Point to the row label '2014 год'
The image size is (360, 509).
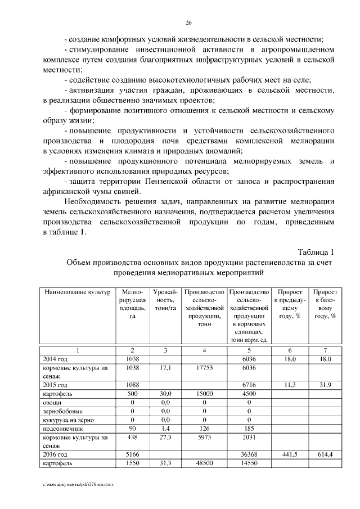[x=55, y=358]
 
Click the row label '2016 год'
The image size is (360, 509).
[x=55, y=453]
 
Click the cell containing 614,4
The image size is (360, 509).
[x=326, y=453]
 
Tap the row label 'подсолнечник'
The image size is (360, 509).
[x=59, y=428]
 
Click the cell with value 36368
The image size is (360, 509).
[x=248, y=453]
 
